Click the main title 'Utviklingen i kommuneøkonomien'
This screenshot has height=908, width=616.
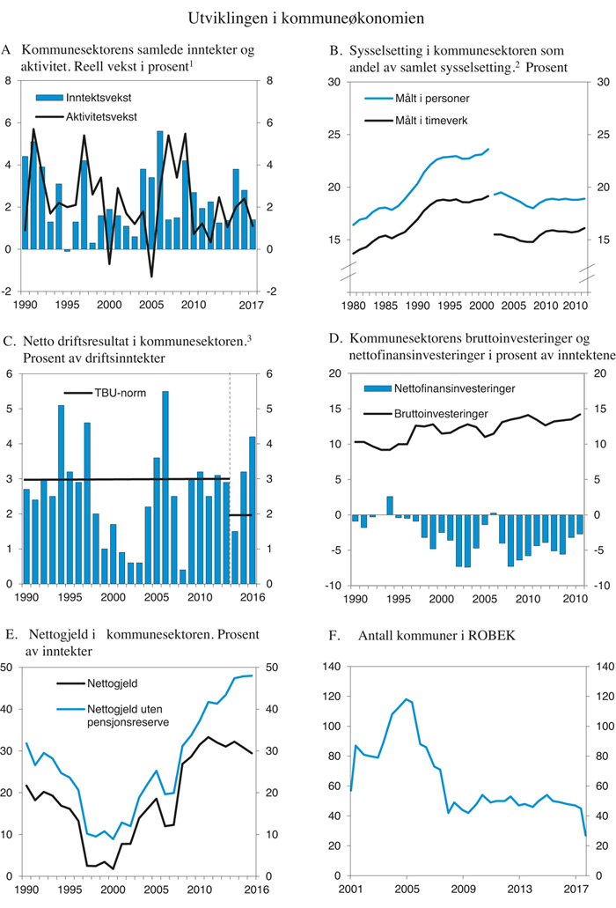[307, 17]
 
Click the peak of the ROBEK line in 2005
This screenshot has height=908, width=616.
[407, 699]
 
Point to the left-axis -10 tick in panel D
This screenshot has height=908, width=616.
[337, 585]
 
